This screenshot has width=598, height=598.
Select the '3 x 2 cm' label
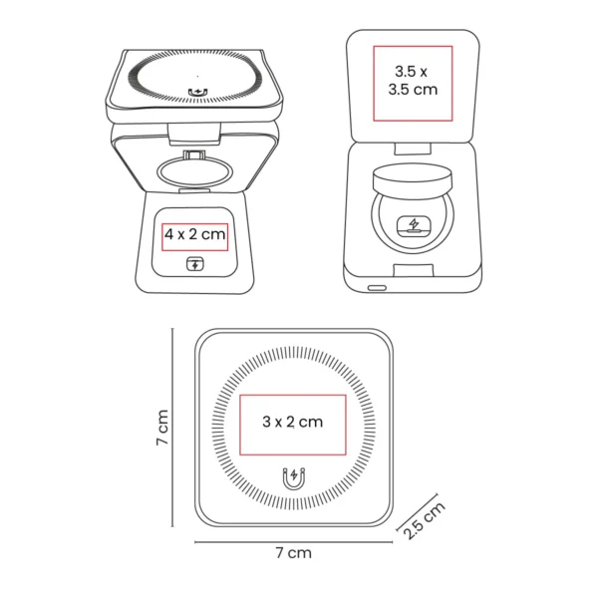(292, 422)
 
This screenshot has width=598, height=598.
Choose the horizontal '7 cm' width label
(293, 551)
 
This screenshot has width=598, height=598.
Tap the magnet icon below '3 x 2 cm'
(293, 478)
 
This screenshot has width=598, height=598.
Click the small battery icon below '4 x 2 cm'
(195, 264)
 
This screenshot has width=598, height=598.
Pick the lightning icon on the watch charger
(413, 225)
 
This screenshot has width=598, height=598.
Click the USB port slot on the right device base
(376, 288)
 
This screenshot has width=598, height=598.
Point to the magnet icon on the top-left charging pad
(197, 93)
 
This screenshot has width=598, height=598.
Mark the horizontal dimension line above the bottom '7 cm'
(293, 542)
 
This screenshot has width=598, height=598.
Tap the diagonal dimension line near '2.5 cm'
(418, 510)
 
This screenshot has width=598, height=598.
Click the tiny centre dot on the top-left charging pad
(196, 75)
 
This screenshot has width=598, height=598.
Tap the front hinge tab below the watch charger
(413, 267)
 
